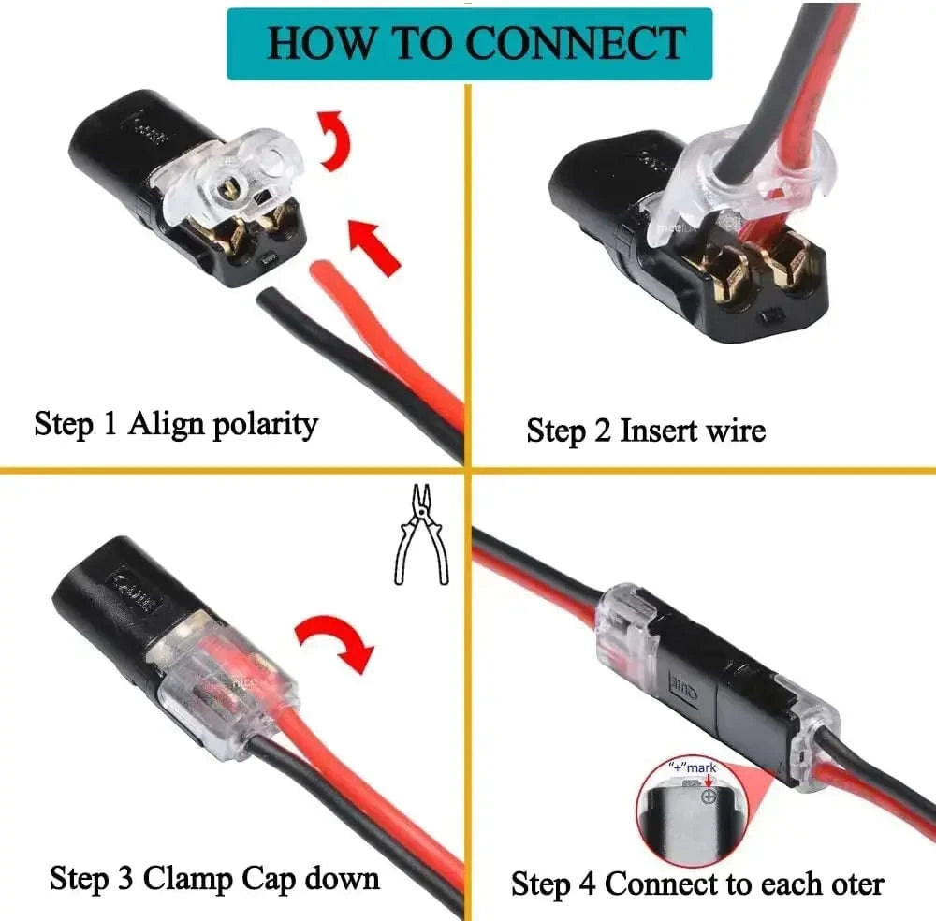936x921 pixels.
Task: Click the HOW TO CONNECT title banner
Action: [469, 43]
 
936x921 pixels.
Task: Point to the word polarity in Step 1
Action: [265, 425]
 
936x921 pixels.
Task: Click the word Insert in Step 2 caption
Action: [653, 431]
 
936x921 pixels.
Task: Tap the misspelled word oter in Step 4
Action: [851, 884]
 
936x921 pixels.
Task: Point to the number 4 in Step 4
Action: [589, 884]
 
